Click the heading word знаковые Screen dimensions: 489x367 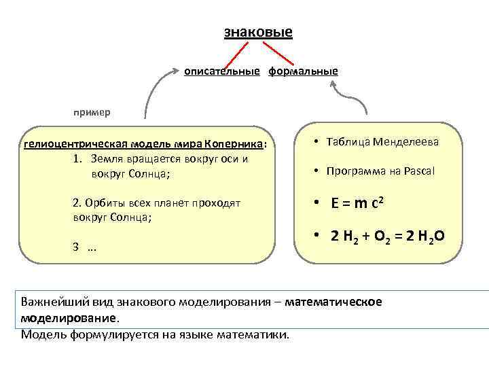(258, 32)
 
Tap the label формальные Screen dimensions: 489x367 (302, 71)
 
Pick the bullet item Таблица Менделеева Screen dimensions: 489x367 (382, 143)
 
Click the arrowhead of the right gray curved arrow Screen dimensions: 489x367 (333, 84)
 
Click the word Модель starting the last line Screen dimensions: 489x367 (42, 334)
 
